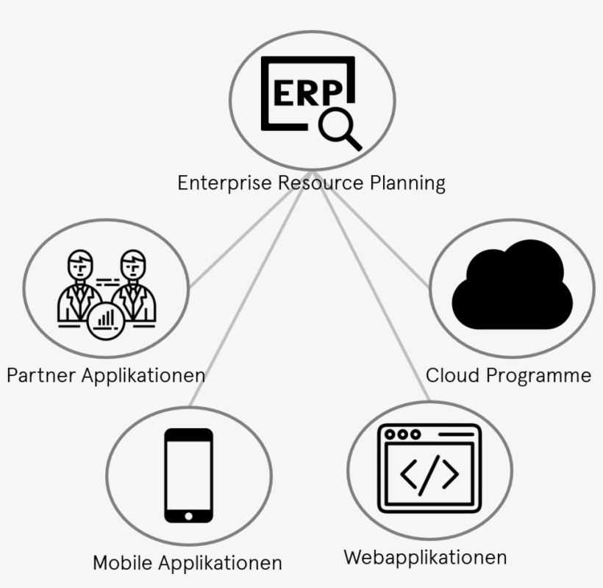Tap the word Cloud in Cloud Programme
(x=453, y=375)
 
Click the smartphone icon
(x=188, y=475)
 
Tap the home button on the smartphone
(x=188, y=515)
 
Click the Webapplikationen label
(x=425, y=557)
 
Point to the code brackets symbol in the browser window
(x=429, y=473)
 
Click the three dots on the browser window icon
(x=402, y=433)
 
